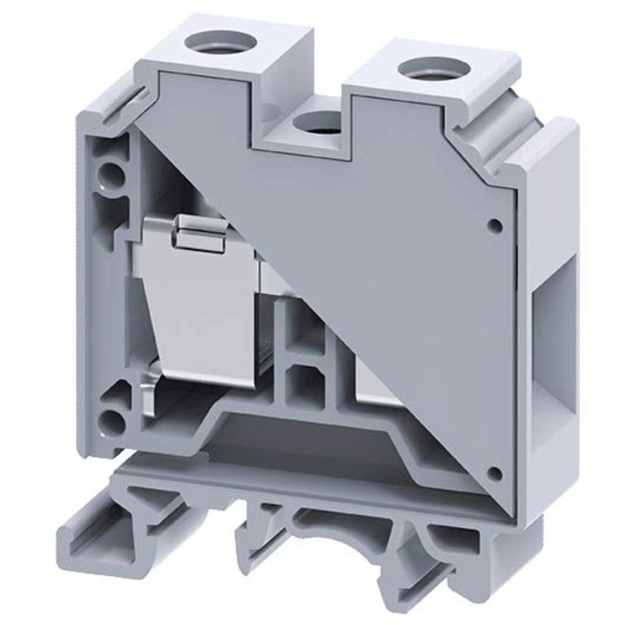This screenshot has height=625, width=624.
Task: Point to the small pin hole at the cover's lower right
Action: [496, 473]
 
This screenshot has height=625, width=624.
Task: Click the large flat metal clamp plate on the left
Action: [198, 317]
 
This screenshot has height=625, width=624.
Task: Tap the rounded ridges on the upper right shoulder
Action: [498, 130]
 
